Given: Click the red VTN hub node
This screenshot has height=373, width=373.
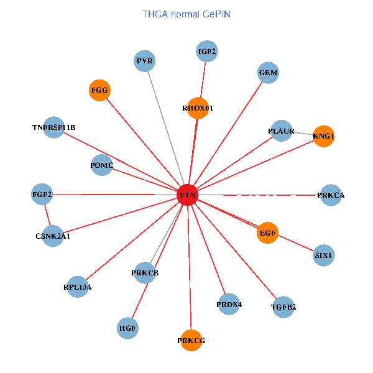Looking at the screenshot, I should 188,195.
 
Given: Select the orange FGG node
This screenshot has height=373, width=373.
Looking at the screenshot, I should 99,90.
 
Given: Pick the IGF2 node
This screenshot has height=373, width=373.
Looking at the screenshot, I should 206,52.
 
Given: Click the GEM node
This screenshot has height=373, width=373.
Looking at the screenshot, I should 268,73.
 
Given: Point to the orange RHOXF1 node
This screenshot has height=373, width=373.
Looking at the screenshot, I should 198,108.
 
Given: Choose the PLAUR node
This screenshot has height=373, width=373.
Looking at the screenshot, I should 282,131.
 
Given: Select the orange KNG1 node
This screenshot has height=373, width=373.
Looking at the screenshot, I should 324,136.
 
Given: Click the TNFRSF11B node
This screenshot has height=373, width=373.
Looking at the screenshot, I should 54,127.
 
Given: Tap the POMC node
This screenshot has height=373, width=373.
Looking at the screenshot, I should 101,165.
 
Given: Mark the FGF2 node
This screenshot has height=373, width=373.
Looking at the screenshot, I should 42,195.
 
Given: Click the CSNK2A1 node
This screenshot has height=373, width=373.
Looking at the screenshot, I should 53,236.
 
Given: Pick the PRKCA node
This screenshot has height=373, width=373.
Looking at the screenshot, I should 330,195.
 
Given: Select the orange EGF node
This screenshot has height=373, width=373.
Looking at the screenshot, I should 268,233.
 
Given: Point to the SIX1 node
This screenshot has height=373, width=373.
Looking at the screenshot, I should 324,255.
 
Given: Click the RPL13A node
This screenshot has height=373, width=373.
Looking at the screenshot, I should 77,287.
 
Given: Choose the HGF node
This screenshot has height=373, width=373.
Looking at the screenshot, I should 127,327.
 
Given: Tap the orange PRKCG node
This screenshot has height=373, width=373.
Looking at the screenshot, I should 191,340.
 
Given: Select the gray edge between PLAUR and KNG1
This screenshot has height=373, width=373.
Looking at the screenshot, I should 303,134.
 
